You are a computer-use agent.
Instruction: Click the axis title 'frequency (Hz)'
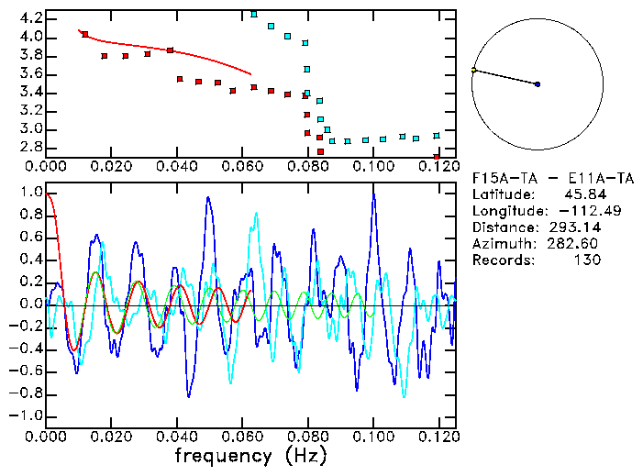pos(250,455)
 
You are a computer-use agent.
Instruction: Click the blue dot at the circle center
pos(538,84)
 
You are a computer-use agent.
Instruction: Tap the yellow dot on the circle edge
pos(473,70)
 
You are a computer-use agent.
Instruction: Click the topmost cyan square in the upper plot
pos(254,15)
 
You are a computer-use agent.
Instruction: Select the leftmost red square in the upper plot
pos(85,35)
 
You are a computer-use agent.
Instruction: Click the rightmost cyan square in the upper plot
pos(437,136)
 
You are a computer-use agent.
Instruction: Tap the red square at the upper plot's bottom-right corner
pos(437,158)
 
